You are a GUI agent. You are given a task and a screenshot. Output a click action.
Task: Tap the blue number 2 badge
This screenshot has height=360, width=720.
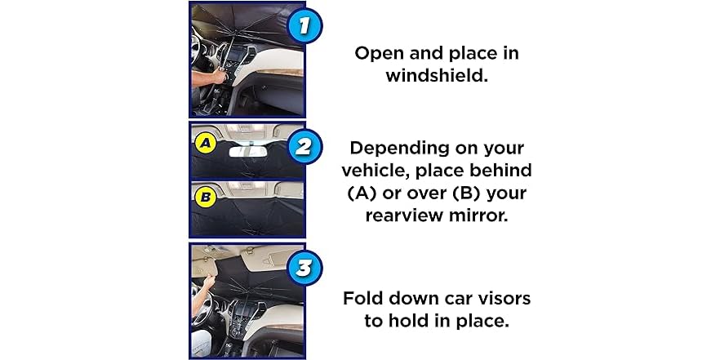[303, 149]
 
